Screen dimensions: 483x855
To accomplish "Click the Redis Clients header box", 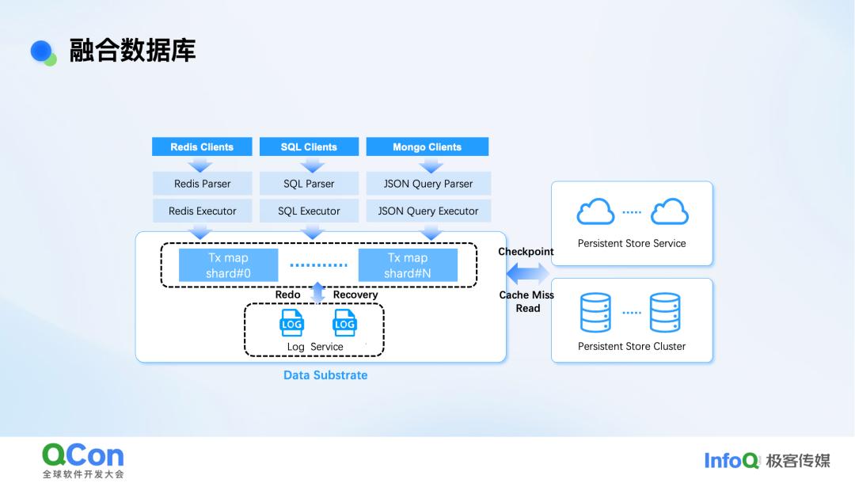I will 202,146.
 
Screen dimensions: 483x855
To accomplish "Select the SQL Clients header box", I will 309,146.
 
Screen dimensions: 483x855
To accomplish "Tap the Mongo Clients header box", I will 427,146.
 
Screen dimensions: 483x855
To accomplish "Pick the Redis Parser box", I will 202,184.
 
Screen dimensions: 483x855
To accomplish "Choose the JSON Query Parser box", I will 428,184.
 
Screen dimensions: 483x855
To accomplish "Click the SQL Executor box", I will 309,211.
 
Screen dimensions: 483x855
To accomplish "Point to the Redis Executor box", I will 202,211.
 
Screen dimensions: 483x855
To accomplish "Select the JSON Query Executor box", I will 428,211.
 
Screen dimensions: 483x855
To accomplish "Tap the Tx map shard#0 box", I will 228,265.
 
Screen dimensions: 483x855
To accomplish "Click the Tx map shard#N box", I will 408,265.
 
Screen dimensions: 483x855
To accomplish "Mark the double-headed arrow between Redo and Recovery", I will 317,293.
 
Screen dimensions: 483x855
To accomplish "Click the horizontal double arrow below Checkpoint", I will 527,274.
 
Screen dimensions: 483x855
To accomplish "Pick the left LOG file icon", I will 292,323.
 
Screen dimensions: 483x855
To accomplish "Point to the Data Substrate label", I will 325,375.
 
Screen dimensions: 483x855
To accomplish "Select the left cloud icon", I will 596,212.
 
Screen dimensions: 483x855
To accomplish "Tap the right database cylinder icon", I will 665,312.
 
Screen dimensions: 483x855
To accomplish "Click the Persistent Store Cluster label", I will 632,346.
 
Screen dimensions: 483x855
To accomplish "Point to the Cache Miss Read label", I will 526,302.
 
